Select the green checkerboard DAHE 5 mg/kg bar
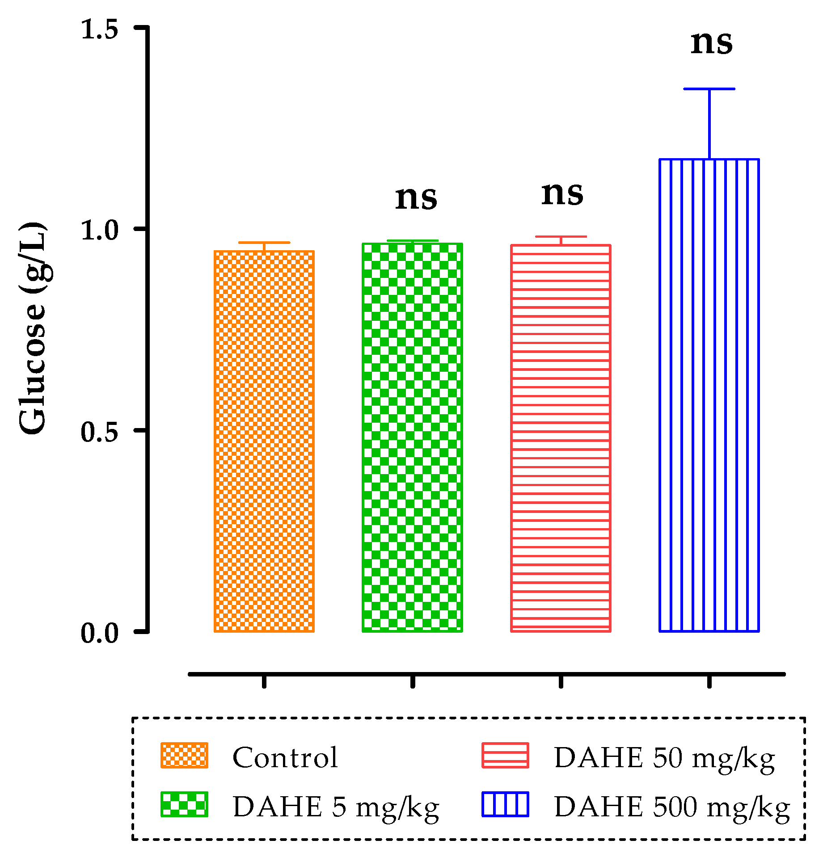pos(412,437)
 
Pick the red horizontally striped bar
pos(561,438)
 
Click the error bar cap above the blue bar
pos(709,89)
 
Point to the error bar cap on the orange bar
pos(264,243)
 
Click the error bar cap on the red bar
pos(561,237)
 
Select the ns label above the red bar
pos(562,194)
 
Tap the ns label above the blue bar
pos(711,43)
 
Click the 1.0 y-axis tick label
pos(99,231)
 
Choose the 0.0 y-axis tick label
pos(99,633)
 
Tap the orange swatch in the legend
pos(184,756)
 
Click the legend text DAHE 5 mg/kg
pos(336,807)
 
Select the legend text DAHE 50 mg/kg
pos(664,758)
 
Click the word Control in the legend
pos(285,758)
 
